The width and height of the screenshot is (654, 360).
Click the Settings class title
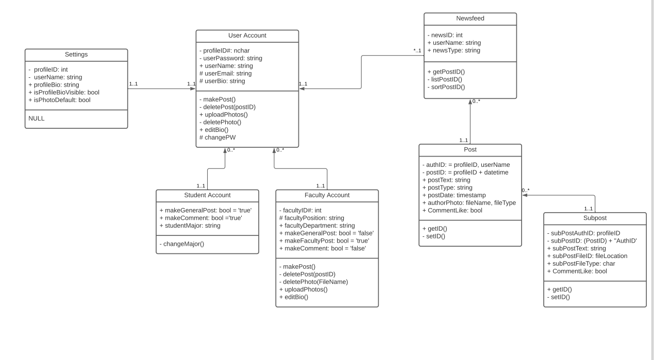[x=76, y=54]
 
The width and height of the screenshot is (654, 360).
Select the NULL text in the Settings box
[x=37, y=118]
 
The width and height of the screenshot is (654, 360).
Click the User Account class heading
[x=247, y=36]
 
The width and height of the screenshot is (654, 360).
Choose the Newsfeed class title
[x=470, y=19]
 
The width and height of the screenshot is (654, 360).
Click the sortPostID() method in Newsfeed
[x=446, y=87]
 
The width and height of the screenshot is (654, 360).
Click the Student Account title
[x=207, y=195]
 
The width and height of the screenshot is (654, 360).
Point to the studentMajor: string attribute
[x=190, y=226]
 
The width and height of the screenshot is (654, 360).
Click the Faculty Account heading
[x=327, y=195]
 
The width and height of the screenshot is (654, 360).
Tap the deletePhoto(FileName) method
[x=313, y=282]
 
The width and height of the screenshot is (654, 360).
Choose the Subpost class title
[x=595, y=218]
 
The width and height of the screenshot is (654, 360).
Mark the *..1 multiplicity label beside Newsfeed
[x=417, y=50]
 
